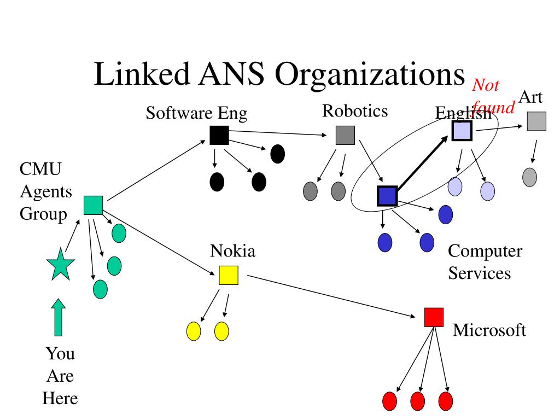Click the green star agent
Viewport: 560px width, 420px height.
(x=61, y=265)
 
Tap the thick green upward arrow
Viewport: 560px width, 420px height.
(x=58, y=317)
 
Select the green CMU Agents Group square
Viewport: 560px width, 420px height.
(x=93, y=206)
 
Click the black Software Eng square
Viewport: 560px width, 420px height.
(x=219, y=136)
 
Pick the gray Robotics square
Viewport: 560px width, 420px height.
(x=346, y=136)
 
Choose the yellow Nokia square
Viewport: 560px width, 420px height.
(x=229, y=276)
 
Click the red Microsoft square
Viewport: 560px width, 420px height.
(x=434, y=318)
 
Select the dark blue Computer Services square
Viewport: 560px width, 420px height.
(x=388, y=196)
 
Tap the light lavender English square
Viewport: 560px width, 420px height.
(x=462, y=131)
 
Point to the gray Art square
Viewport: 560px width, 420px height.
(x=537, y=121)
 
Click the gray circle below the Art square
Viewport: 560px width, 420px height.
(x=529, y=177)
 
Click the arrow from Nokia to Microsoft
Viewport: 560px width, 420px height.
(x=331, y=296)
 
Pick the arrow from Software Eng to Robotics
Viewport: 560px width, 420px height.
(x=277, y=133)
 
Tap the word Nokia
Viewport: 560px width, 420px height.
(x=233, y=250)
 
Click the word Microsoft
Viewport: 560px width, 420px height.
(x=489, y=330)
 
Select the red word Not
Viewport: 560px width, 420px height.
(x=486, y=85)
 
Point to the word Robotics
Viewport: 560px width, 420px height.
(x=355, y=111)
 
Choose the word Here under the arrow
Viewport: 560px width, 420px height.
(x=60, y=398)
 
